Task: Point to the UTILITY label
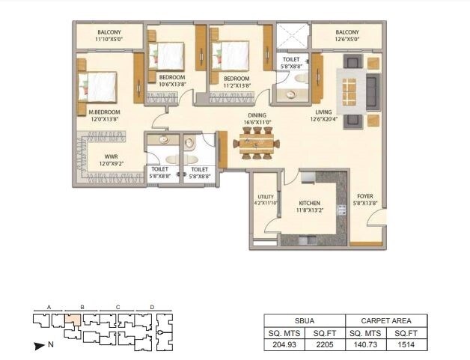tap(265, 198)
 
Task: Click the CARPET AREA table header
tap(387, 320)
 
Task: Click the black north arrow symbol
tap(39, 346)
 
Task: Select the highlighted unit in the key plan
tap(73, 320)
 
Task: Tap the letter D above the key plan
tap(152, 307)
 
